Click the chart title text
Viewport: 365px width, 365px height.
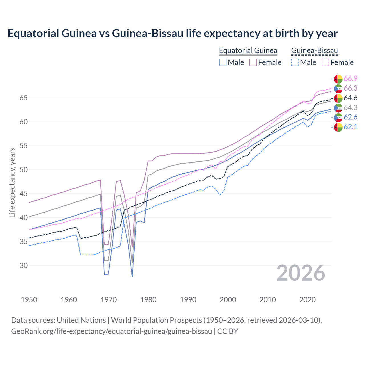point(173,33)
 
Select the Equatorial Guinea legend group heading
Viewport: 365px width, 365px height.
point(248,50)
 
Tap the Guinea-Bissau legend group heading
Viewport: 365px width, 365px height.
point(314,50)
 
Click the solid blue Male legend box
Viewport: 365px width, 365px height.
point(223,62)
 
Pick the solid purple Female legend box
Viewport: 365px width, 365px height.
point(253,62)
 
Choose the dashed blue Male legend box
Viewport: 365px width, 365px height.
point(295,62)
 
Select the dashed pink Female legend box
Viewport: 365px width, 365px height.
point(325,62)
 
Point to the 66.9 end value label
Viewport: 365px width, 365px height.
point(350,79)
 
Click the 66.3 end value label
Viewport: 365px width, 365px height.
point(350,88)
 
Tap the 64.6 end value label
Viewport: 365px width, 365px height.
point(350,98)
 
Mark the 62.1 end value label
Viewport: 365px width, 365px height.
point(350,127)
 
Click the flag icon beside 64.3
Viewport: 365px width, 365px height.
point(338,108)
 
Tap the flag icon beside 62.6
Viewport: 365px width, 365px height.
point(338,117)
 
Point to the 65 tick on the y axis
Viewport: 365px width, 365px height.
point(23,98)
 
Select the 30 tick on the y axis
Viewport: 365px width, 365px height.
point(23,265)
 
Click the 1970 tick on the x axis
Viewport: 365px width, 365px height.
point(109,300)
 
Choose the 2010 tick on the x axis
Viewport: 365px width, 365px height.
point(267,300)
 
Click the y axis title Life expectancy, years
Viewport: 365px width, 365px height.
point(12,182)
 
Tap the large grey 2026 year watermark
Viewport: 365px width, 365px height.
point(301,273)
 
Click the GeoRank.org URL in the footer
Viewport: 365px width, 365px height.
point(111,331)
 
